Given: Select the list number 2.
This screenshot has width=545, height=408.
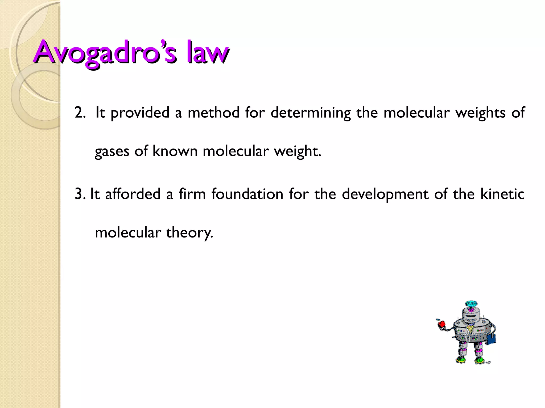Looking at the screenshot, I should pyautogui.click(x=80, y=112).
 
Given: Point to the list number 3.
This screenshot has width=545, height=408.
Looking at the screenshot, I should pyautogui.click(x=80, y=194).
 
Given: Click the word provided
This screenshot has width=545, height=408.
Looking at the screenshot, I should pyautogui.click(x=140, y=113).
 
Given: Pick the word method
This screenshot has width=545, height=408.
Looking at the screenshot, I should pyautogui.click(x=214, y=112).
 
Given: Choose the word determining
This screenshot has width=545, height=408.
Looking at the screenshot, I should pyautogui.click(x=311, y=113).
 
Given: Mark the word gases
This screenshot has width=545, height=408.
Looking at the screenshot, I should pyautogui.click(x=112, y=152).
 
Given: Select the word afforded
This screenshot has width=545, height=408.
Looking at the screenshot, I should pyautogui.click(x=133, y=194).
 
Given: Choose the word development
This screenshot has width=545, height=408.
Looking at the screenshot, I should pyautogui.click(x=385, y=194).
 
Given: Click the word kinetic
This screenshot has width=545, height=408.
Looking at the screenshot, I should pyautogui.click(x=502, y=194).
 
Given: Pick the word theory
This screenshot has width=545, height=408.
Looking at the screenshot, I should pyautogui.click(x=189, y=233).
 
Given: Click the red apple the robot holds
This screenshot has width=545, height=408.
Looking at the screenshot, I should pyautogui.click(x=441, y=324).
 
